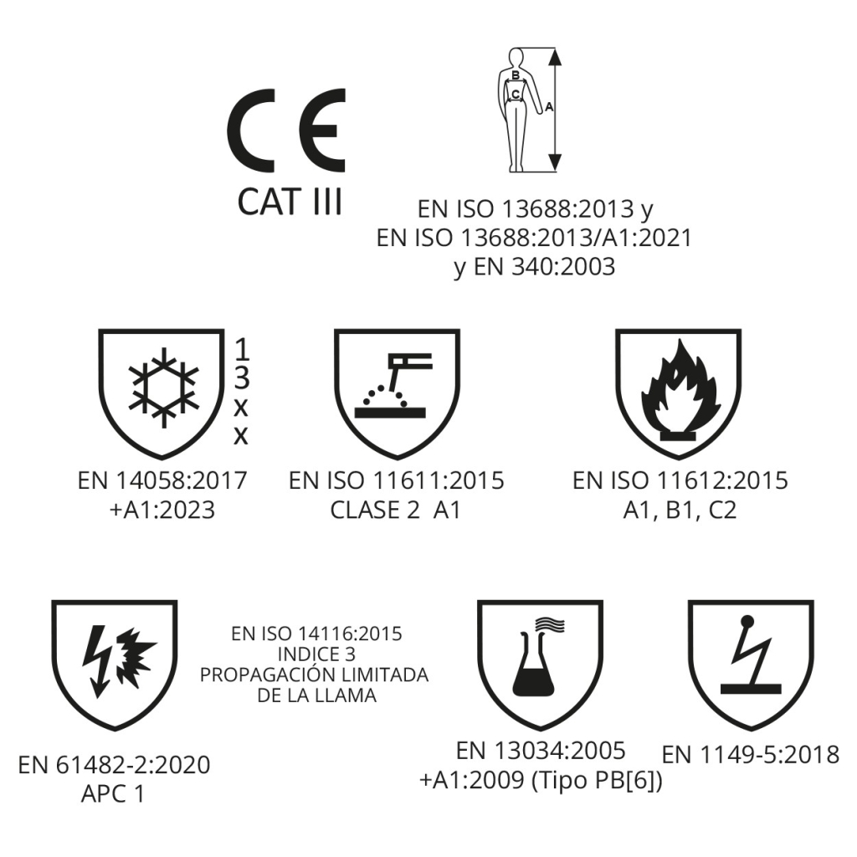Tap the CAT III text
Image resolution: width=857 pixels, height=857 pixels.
tap(290, 201)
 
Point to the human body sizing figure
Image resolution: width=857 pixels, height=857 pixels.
tap(516, 110)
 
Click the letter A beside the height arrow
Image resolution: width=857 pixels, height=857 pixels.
tap(549, 107)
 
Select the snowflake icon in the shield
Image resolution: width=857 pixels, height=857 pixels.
tap(164, 392)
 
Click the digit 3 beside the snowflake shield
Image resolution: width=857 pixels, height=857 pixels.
tap(241, 377)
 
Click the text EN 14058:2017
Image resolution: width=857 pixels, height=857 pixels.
tap(162, 480)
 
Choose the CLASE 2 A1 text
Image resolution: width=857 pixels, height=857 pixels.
tap(396, 510)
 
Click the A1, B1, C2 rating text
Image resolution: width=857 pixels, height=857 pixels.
tap(680, 510)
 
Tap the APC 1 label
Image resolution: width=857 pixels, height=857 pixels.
tap(113, 793)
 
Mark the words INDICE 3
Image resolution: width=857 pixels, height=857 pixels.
tap(316, 654)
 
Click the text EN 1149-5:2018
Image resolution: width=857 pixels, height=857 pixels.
tap(751, 755)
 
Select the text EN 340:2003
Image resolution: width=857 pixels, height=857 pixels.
tap(544, 267)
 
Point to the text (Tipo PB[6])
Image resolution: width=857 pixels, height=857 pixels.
tap(597, 781)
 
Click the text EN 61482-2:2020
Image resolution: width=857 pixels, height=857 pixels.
tap(114, 765)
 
